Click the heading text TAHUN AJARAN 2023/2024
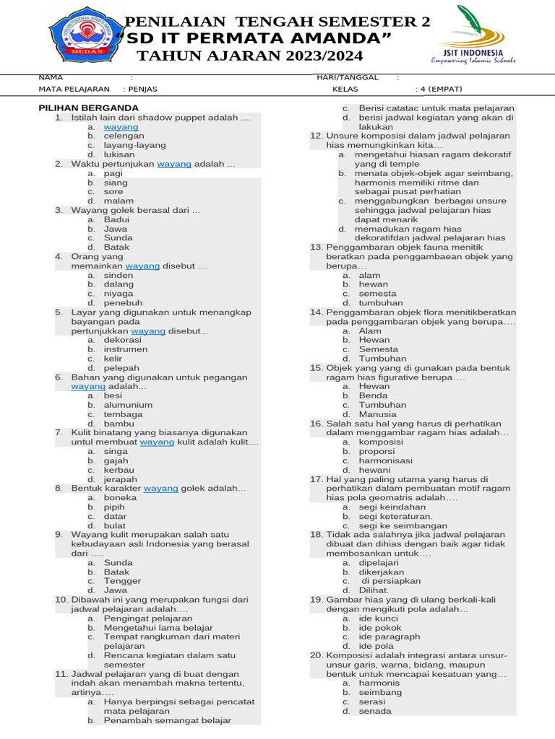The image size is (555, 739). coord(251,56)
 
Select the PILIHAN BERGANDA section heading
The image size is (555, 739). coord(88,108)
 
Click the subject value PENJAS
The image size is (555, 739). coord(142,89)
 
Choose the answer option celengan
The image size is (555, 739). coord(119,136)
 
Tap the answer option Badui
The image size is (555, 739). coord(116,219)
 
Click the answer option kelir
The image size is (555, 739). coord(113,359)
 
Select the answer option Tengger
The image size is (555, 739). coord(122,581)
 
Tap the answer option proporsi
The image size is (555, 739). coord(377,451)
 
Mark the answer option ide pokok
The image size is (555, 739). coord(380,628)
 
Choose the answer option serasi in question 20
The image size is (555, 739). coord(372,701)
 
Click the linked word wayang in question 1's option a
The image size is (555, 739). coord(121,126)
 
